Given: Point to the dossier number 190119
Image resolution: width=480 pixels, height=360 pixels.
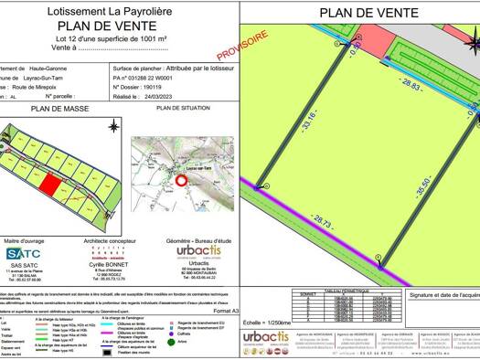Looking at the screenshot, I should coord(158,87).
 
